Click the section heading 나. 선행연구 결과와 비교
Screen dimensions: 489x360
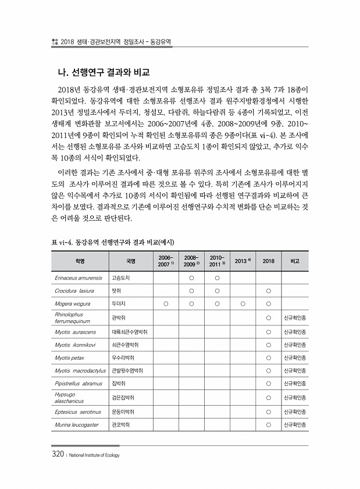(101, 73)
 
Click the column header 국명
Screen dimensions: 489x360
(131, 260)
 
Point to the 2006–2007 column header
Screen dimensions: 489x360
(166, 260)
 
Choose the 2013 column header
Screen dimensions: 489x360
(241, 260)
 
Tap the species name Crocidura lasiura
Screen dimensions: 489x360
(74, 290)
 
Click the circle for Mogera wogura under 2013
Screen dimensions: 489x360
(243, 303)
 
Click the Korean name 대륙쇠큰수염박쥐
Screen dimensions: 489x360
(130, 331)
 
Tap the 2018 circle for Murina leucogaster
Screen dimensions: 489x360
(269, 424)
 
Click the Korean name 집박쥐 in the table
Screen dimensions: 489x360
(119, 384)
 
